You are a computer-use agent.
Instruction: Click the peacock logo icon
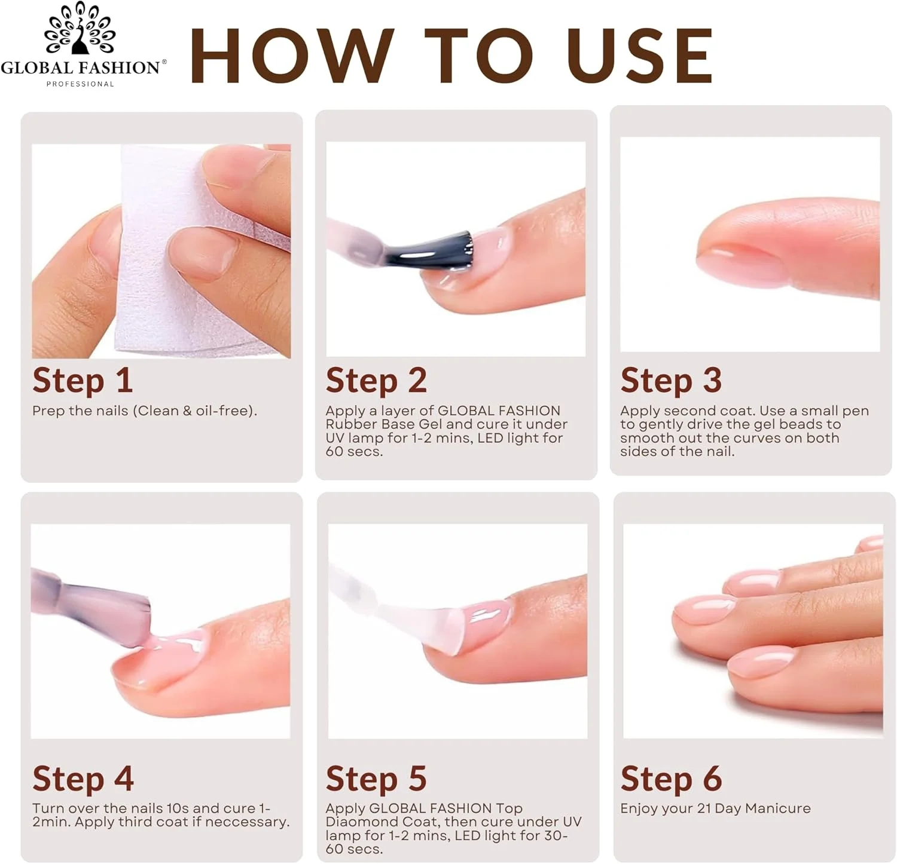tap(80, 28)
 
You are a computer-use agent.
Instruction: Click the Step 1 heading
tap(83, 381)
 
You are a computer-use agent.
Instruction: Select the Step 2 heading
tap(376, 381)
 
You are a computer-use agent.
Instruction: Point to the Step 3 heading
tap(671, 381)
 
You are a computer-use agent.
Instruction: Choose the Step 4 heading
tap(83, 779)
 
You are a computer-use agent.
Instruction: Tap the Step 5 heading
tap(376, 779)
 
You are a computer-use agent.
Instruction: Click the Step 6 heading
tap(671, 779)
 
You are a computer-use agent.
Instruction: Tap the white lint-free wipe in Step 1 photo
tap(179, 251)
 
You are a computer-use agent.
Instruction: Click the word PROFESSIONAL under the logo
tap(80, 84)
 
